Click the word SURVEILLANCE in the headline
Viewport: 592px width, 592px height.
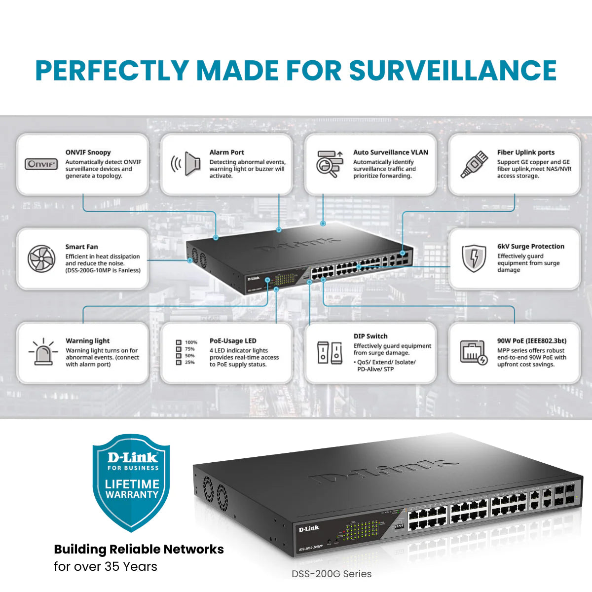click(453, 70)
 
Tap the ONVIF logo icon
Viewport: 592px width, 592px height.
click(41, 164)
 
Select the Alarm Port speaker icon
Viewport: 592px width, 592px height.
click(185, 164)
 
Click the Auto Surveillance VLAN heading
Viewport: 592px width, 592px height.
click(390, 152)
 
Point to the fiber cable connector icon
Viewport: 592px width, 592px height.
click(474, 164)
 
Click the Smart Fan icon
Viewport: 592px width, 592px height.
click(41, 259)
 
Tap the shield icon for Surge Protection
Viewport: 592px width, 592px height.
click(474, 258)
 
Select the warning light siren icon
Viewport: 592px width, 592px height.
click(43, 352)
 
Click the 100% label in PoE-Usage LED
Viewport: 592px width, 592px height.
click(191, 342)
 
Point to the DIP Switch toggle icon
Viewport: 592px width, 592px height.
click(330, 352)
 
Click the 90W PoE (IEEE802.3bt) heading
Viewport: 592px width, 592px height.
click(531, 341)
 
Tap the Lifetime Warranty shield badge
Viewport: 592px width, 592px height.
click(132, 481)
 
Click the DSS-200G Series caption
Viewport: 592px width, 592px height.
click(332, 574)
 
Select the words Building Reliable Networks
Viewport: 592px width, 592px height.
click(139, 549)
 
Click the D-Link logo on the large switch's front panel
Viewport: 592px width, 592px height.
click(309, 529)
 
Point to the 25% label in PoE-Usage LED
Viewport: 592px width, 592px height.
click(189, 363)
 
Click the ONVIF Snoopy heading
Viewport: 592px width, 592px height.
click(88, 152)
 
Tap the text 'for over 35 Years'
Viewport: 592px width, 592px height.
click(106, 566)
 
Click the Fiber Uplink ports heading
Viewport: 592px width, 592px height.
click(525, 152)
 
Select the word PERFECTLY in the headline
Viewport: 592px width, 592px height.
click(112, 70)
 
